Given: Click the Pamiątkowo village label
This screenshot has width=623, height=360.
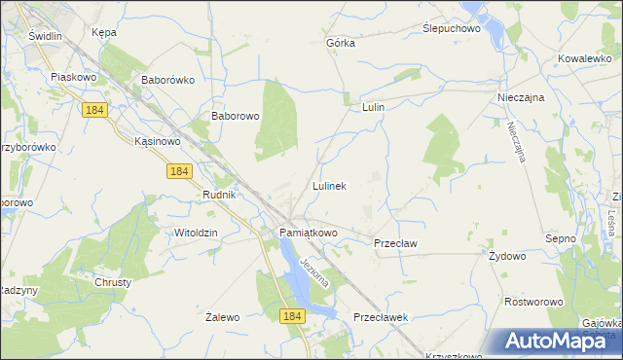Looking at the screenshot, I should click(x=309, y=234).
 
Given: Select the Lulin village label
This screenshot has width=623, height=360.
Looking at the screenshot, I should click(x=374, y=107).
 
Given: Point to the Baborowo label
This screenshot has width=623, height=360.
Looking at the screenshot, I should click(x=236, y=116).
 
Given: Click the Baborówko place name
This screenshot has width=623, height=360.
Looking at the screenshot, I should click(x=169, y=80).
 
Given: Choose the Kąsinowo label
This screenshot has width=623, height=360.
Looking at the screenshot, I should click(x=158, y=141).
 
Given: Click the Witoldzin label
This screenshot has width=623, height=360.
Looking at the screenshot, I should click(x=195, y=234).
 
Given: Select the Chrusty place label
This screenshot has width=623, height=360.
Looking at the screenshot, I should click(x=113, y=282).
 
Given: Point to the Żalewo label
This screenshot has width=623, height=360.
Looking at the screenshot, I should click(x=223, y=317).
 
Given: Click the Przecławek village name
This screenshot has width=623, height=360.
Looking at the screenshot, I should click(x=380, y=317).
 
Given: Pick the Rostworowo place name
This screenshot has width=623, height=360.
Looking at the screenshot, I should click(x=533, y=302).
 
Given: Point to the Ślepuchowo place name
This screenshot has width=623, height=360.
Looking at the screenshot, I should click(x=453, y=29).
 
